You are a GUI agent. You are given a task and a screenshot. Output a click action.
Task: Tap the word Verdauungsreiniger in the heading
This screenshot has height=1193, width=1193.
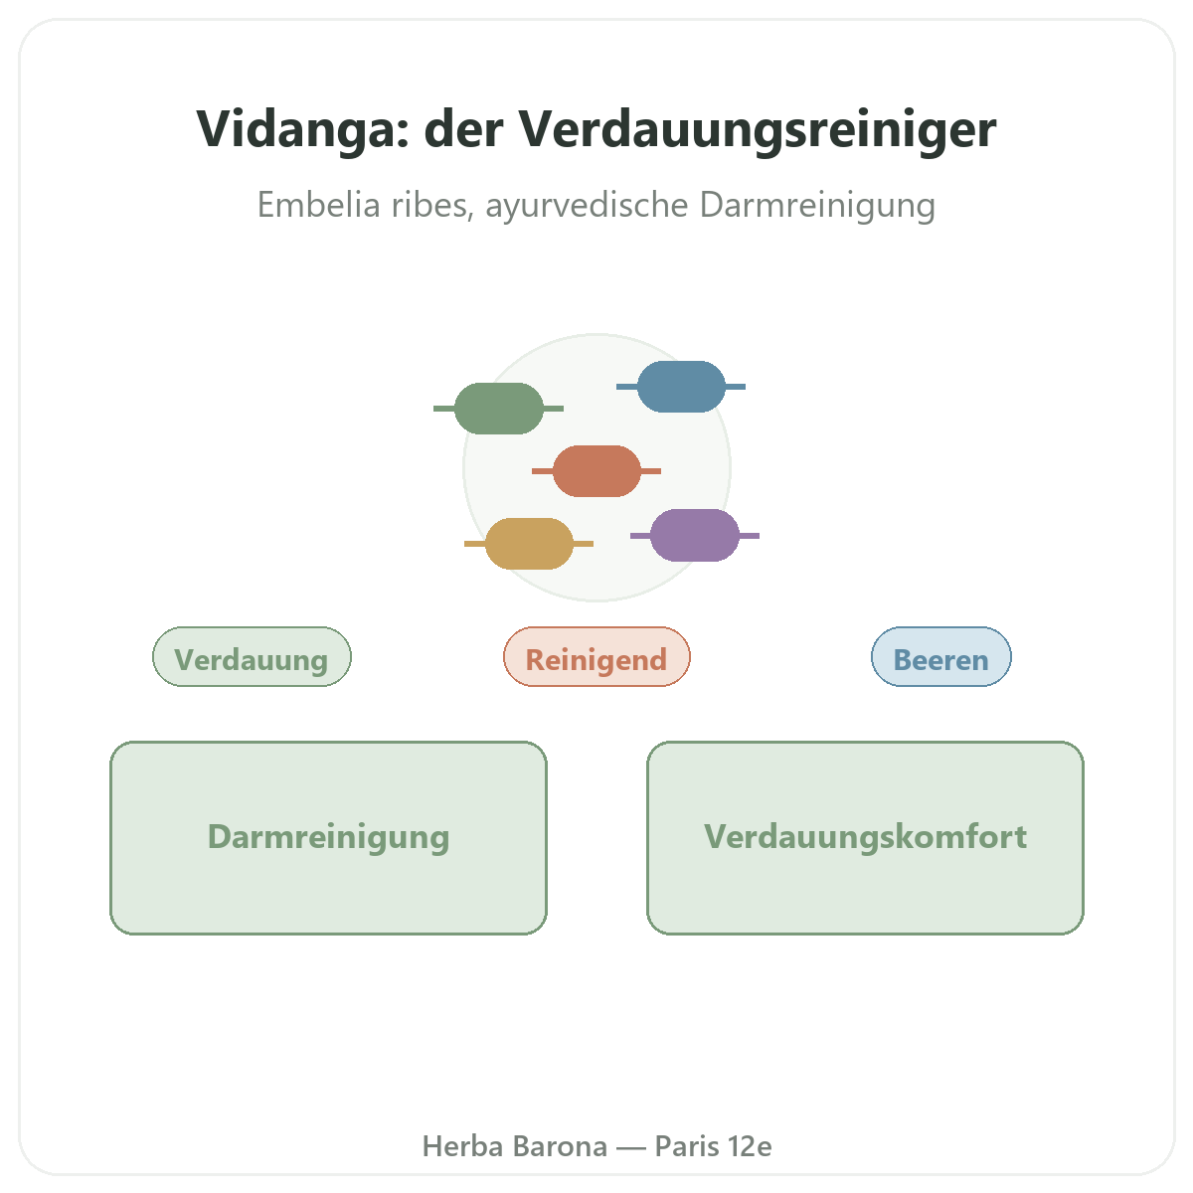(758, 129)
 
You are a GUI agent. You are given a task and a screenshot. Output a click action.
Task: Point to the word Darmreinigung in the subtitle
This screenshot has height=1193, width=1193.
(817, 206)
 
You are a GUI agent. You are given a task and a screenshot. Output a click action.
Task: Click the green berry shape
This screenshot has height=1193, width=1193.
(498, 408)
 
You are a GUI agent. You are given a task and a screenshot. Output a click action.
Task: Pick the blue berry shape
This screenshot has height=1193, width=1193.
(681, 387)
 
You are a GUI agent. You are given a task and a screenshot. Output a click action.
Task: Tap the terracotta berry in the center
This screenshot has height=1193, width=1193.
(596, 471)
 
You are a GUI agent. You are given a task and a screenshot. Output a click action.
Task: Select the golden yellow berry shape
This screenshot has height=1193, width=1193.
(529, 544)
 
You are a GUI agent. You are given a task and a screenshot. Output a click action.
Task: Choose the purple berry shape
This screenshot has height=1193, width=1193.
(695, 536)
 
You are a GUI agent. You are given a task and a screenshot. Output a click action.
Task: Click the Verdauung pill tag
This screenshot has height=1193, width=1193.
(252, 656)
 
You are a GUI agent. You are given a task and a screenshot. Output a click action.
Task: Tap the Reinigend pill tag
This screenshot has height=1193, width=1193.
(596, 656)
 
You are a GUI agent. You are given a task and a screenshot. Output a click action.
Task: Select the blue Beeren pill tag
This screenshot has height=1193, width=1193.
(941, 656)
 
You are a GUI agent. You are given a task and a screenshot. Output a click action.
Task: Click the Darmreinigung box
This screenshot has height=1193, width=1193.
(328, 838)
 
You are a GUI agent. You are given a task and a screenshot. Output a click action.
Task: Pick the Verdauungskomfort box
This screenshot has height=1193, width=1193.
(865, 838)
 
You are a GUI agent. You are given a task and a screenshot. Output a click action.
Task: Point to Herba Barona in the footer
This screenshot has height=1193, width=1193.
(514, 1146)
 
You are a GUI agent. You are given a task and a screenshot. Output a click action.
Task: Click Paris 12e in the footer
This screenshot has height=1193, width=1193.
(713, 1146)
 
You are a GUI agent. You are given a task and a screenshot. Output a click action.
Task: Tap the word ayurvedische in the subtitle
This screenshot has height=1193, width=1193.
(587, 206)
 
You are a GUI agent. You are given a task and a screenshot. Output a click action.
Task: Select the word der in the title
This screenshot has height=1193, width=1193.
(463, 129)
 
